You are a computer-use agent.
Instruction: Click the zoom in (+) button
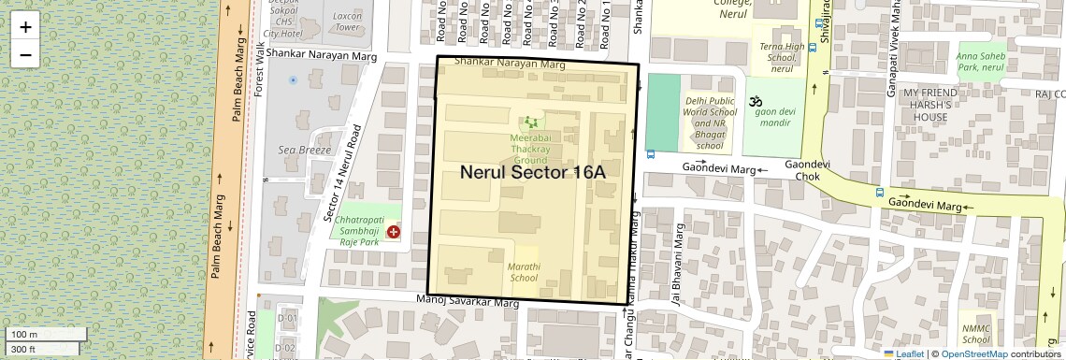coord(25,27)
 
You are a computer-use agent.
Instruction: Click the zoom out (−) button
coord(25,54)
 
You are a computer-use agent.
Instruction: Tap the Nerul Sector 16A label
coord(533,173)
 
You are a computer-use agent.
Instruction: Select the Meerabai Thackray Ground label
coord(529,149)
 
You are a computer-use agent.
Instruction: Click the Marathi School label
coord(523,272)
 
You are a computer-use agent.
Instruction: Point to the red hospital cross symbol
coord(394,231)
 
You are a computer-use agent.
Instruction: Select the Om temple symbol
coord(755,101)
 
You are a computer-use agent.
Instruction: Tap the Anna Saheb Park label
coord(981,62)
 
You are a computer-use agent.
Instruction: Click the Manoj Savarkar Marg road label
coord(467,302)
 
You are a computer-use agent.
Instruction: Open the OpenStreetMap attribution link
coord(974,354)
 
